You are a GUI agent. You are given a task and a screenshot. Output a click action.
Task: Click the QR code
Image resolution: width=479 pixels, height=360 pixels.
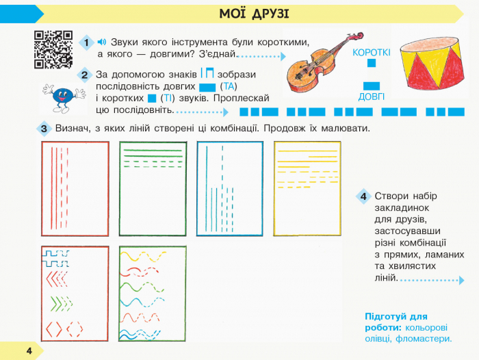53,49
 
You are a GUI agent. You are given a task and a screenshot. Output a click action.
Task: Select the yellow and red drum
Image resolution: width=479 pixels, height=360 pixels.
431,64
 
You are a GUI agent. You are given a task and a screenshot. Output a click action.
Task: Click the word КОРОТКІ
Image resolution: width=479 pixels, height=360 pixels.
371,53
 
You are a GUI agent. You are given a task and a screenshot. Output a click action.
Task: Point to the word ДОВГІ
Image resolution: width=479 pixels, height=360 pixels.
371,97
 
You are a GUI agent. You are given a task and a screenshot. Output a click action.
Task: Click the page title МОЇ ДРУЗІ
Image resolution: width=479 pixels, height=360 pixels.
254,14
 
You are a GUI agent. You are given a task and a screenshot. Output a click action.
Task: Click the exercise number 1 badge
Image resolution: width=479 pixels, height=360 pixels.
86,42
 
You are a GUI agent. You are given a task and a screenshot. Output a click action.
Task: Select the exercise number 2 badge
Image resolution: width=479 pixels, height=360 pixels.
85,75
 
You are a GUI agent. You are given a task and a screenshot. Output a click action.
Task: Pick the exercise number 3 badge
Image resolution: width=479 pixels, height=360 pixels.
44,129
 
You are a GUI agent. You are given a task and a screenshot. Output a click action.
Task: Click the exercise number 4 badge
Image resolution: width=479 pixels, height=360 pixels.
363,196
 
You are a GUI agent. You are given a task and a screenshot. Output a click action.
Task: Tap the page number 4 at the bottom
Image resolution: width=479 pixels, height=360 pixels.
29,350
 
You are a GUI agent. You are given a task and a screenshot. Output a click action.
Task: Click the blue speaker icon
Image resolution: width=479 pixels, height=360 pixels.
102,42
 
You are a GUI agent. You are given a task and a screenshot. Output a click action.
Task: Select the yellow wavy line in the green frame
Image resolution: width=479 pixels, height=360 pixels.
143,257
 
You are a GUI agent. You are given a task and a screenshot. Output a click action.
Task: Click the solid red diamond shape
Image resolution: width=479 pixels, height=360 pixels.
54,329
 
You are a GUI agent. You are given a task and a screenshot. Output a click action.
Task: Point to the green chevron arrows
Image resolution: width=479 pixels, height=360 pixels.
62,304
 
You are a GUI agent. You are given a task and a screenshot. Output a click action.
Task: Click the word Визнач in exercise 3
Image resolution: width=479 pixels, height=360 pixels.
73,129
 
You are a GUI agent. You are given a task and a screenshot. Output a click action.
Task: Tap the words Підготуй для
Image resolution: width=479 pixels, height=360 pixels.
396,317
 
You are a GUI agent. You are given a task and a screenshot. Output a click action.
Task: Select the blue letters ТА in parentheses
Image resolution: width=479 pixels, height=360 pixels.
229,86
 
